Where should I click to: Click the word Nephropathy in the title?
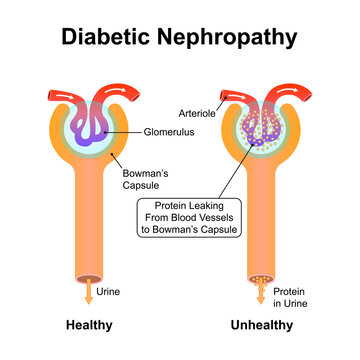[231, 38]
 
